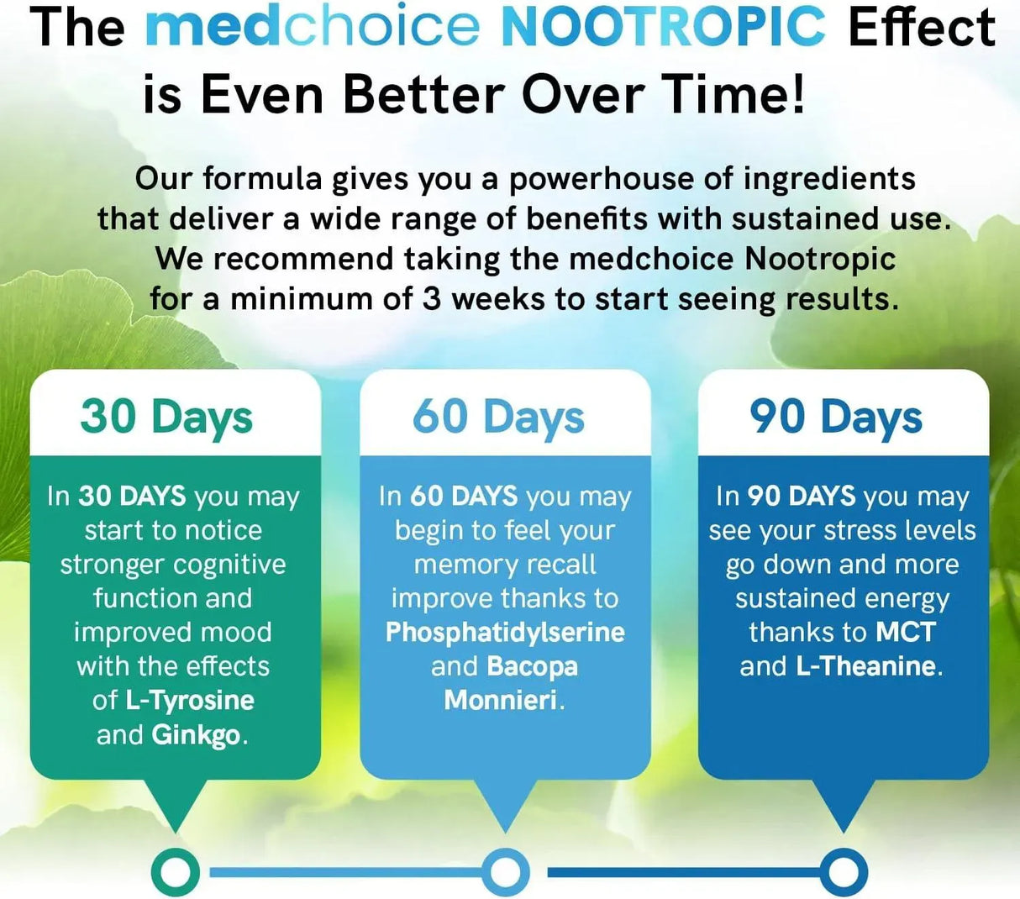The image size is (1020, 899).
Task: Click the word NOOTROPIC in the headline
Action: [664, 27]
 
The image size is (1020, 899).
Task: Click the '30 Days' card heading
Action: [166, 417]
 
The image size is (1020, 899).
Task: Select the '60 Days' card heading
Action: [498, 417]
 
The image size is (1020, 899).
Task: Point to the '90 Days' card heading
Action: [836, 417]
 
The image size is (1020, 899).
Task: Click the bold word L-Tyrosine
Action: [190, 700]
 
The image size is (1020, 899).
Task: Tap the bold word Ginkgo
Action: [196, 735]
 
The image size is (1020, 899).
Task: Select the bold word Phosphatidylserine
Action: [505, 632]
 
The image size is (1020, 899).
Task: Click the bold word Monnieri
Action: [501, 700]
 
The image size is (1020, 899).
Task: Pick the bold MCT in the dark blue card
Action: [906, 632]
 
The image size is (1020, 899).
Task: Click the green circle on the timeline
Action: [175, 873]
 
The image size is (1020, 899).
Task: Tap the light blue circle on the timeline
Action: [505, 873]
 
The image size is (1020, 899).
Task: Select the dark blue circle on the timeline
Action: [843, 873]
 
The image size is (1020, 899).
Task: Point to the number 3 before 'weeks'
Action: [431, 299]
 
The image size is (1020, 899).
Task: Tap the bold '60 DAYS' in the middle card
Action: [464, 496]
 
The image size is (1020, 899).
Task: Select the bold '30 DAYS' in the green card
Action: [132, 496]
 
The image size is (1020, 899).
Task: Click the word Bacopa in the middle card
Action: [532, 666]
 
